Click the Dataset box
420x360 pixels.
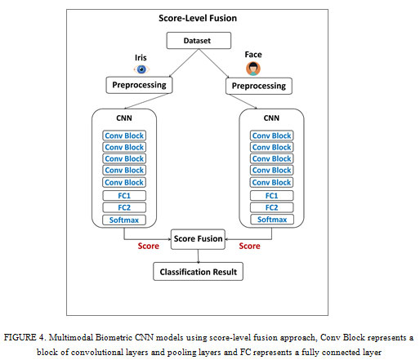[x=199, y=41]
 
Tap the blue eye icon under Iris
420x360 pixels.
[x=141, y=69]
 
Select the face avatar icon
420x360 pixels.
[x=253, y=69]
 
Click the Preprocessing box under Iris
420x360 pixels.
[x=139, y=85]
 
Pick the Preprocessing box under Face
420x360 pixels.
[x=259, y=86]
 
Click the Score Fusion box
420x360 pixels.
[x=198, y=239]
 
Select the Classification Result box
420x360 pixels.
[x=198, y=272]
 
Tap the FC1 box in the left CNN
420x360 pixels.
[x=124, y=196]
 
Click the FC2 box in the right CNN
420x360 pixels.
[x=271, y=207]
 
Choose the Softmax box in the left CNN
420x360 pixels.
[x=124, y=220]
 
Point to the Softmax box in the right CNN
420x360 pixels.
[x=272, y=220]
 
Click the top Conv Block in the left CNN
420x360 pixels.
[x=124, y=136]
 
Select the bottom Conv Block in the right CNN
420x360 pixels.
[x=271, y=182]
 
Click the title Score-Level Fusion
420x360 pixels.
[x=198, y=18]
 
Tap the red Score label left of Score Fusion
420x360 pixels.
[x=149, y=246]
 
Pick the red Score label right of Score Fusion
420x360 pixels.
[x=249, y=246]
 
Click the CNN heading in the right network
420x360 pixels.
[x=271, y=118]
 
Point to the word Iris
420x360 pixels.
[x=141, y=58]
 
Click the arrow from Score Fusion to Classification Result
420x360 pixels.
[x=198, y=256]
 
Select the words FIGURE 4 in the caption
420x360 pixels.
[x=24, y=337]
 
